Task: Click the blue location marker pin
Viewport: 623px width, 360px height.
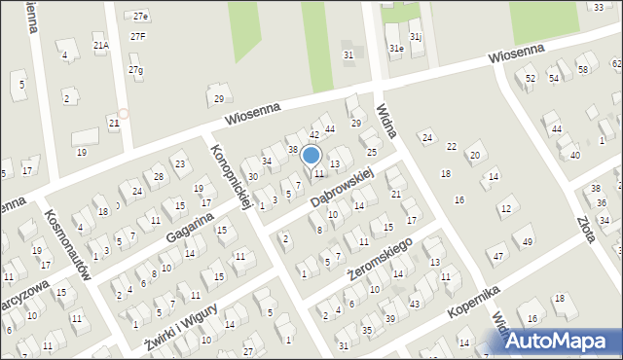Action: tap(311, 156)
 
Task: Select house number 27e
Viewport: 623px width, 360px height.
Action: tap(140, 17)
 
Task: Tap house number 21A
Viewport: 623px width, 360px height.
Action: tap(100, 45)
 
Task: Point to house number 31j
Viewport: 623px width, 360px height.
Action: tap(416, 37)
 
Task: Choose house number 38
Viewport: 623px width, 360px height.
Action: tap(293, 149)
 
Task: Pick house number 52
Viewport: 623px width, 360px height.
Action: tap(531, 78)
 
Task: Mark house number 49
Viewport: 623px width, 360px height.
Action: tap(528, 240)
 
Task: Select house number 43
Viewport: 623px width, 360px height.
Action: tap(415, 305)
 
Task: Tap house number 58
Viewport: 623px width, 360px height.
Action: tap(582, 70)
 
